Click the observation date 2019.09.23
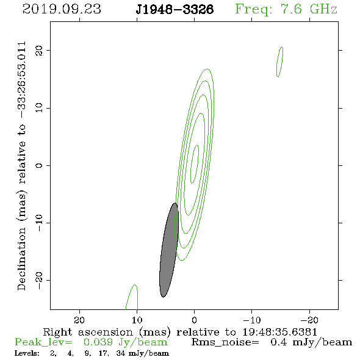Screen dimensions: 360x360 click(x=62, y=9)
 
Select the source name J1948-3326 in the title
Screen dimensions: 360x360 click(x=175, y=9)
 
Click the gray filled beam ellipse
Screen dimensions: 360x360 click(x=169, y=250)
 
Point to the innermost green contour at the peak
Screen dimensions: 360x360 click(x=195, y=164)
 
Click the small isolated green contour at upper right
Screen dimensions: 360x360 click(x=279, y=62)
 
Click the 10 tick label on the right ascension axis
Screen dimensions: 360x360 click(x=137, y=320)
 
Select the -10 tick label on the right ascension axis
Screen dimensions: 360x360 click(x=252, y=320)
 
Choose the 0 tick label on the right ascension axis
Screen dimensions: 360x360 click(x=194, y=320)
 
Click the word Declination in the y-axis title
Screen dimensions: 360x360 click(x=21, y=259)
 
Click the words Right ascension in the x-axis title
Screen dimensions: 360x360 click(x=88, y=332)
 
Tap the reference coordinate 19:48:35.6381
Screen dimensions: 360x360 click(x=280, y=332)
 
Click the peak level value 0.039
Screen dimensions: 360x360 click(x=98, y=342)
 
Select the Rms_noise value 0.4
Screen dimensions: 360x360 click(x=279, y=342)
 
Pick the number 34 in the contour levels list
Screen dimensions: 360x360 click(x=121, y=353)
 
